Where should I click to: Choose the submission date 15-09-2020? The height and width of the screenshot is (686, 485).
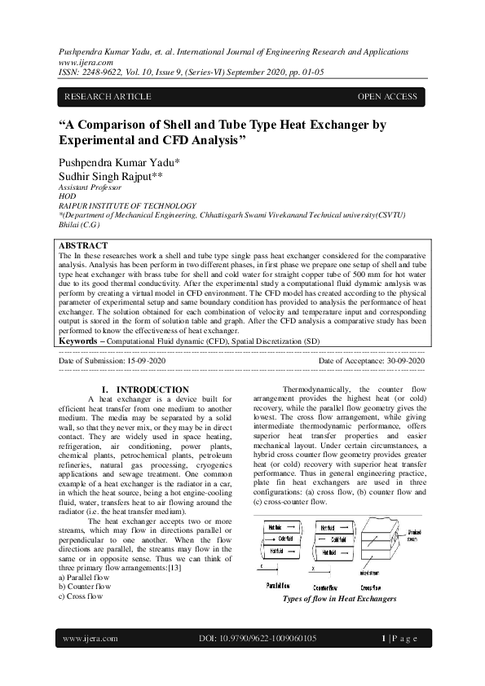pos(147,360)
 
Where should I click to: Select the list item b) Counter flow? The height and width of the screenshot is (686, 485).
pos(85,563)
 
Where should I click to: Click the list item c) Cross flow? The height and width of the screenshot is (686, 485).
pos(82,573)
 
